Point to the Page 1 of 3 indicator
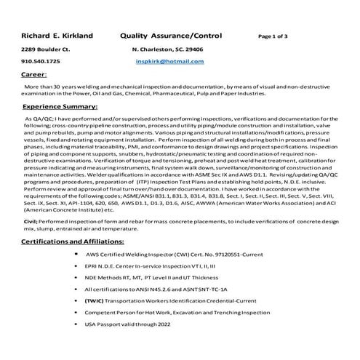[x=273, y=36]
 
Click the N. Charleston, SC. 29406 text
[x=167, y=49]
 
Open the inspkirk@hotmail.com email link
[x=170, y=62]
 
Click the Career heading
[x=34, y=74]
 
